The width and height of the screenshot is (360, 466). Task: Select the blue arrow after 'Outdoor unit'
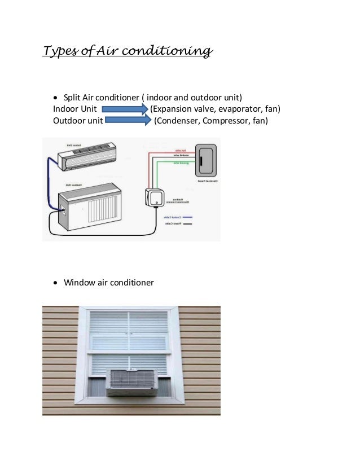click(129, 121)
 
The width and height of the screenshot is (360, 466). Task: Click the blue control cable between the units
click(50, 181)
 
